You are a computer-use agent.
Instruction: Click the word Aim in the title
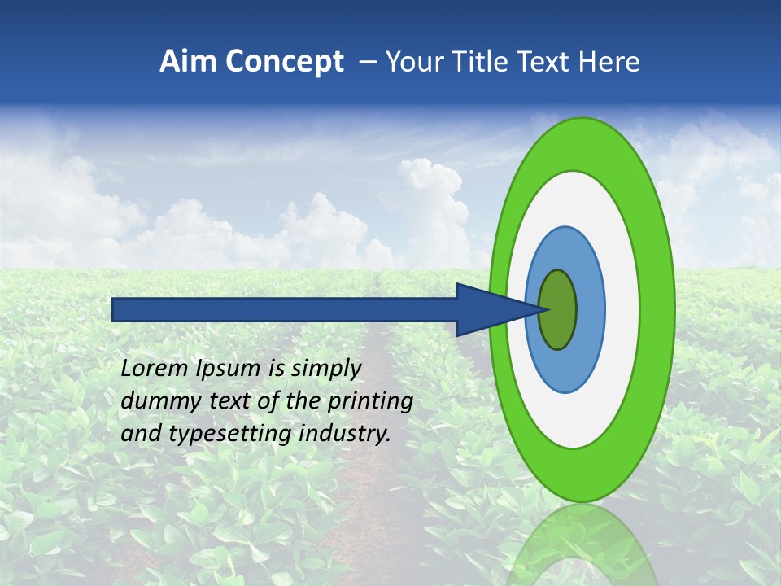[x=189, y=62]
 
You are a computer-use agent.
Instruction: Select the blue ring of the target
[x=590, y=309]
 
